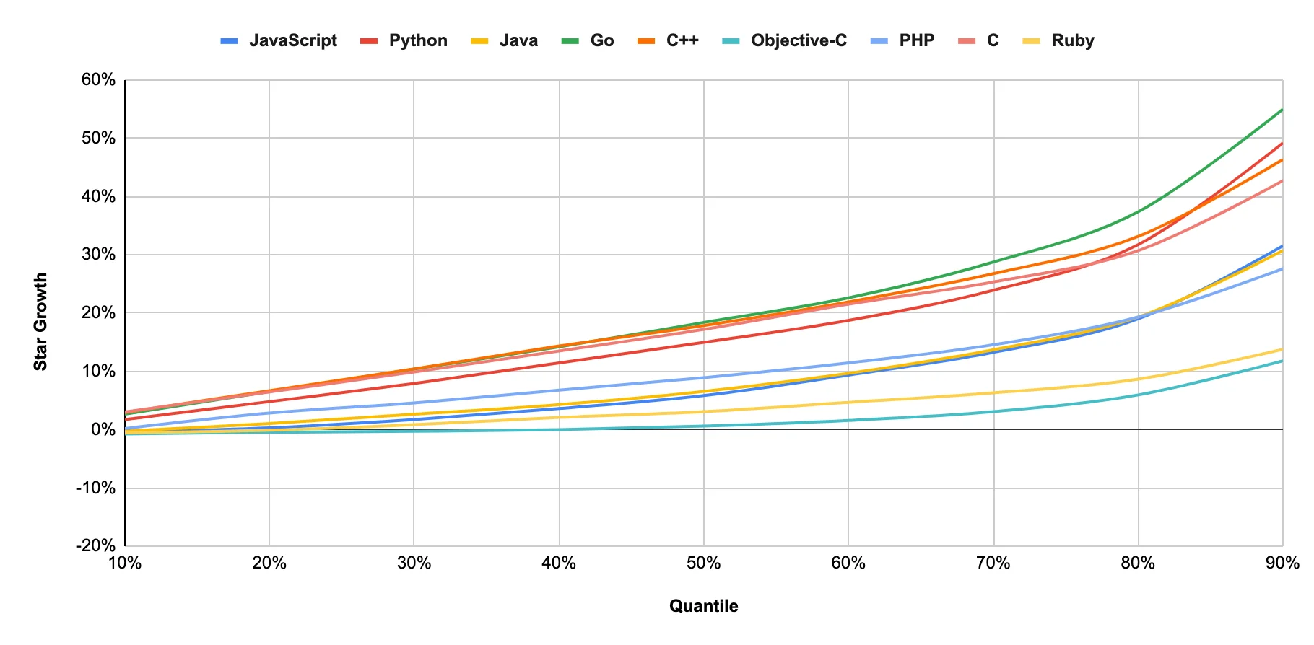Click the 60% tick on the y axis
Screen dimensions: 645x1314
[98, 79]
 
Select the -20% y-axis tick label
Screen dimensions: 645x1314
[95, 545]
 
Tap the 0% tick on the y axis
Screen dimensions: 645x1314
[103, 429]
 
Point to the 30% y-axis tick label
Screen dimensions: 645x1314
[98, 254]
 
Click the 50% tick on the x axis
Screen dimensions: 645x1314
[703, 563]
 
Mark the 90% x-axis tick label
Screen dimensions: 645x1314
[1282, 563]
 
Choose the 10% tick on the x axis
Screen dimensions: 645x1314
[125, 563]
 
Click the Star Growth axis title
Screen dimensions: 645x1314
[40, 321]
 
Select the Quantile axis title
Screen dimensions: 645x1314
[703, 606]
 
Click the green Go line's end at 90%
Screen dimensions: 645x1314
[1282, 110]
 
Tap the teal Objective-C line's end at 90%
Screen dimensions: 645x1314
[1282, 361]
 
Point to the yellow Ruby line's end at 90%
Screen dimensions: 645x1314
[1282, 350]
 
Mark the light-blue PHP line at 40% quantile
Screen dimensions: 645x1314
[559, 390]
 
